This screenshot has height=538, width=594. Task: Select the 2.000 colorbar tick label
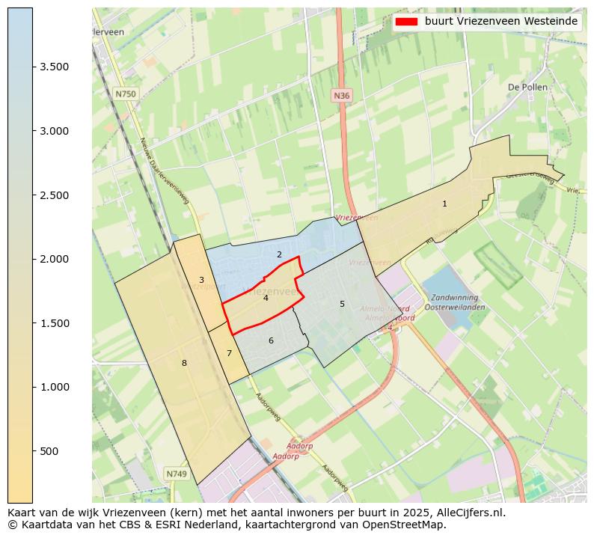[54, 259]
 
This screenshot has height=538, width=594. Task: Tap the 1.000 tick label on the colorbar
[54, 387]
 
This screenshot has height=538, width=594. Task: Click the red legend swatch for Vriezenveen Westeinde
[406, 22]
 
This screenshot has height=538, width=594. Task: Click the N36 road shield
[341, 96]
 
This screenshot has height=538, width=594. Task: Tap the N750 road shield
[126, 94]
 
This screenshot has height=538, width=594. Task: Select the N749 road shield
[177, 474]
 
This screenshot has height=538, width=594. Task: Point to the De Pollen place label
[527, 87]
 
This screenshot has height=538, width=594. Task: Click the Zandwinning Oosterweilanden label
[455, 302]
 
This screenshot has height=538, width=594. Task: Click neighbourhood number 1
[444, 204]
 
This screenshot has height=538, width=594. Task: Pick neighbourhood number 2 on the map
[279, 254]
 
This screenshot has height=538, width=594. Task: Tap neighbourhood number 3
[200, 280]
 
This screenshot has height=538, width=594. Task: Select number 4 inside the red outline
[266, 298]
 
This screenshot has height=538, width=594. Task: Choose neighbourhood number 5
[342, 304]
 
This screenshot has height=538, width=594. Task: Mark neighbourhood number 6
[271, 340]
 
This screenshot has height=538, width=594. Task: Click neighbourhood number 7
[229, 353]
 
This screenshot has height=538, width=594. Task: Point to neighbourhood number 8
[184, 363]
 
